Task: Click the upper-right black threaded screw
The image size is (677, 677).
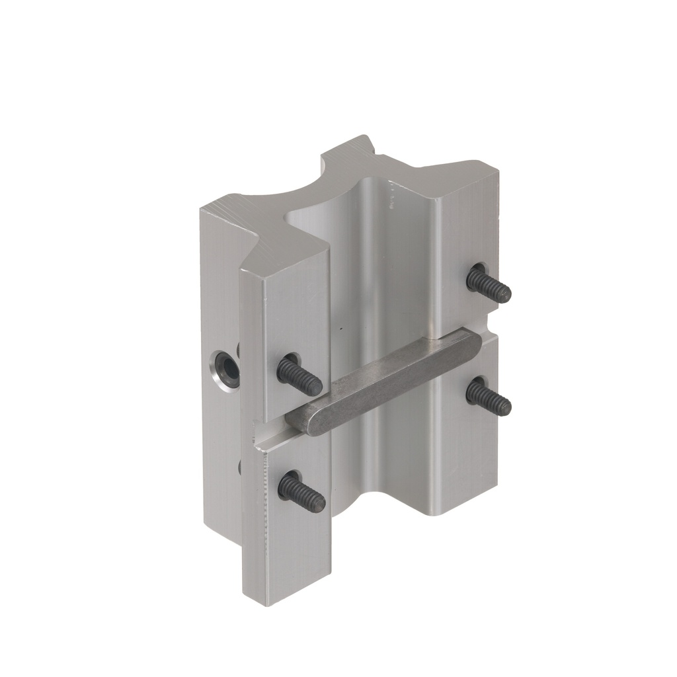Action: [x=489, y=284]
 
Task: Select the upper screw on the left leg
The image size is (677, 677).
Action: [x=299, y=374]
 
